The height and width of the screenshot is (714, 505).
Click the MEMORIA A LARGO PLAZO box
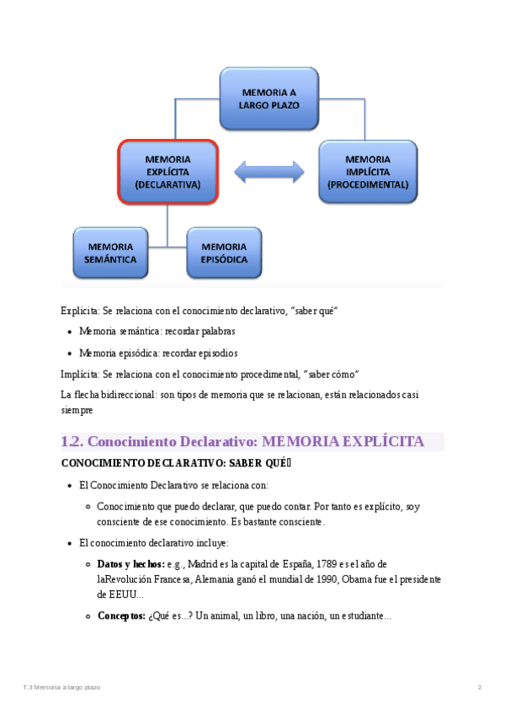[x=268, y=99]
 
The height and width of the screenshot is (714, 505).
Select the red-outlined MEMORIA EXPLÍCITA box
[x=168, y=172]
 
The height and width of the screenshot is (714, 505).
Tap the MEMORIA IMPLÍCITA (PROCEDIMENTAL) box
[x=368, y=172]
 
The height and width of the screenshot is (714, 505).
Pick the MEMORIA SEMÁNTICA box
[x=111, y=253]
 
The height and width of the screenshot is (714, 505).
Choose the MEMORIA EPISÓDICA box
[x=225, y=253]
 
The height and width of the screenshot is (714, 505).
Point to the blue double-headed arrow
[x=268, y=172]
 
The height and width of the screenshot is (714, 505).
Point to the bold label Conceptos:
[x=120, y=615]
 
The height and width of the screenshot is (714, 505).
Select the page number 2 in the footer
[x=479, y=688]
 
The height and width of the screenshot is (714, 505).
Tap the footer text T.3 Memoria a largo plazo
[x=61, y=688]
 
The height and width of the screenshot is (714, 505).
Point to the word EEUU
[x=111, y=595]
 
